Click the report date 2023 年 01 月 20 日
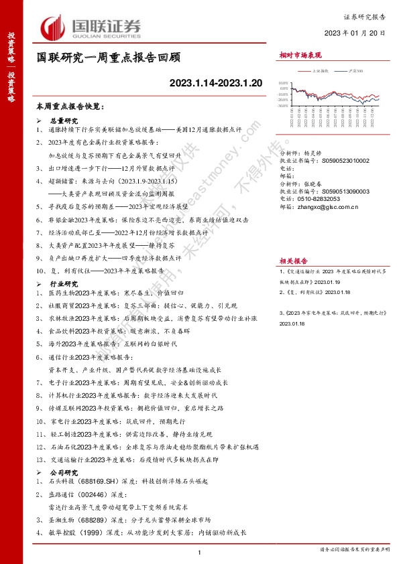click(355, 33)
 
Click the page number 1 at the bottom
click(200, 551)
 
